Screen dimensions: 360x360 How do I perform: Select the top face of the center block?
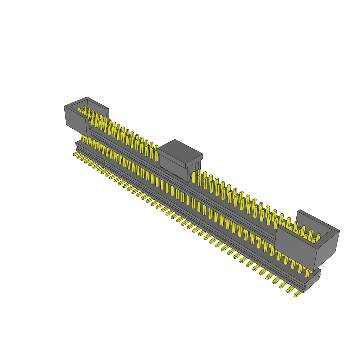click(x=180, y=148)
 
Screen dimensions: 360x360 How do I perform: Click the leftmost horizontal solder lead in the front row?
click(x=75, y=154)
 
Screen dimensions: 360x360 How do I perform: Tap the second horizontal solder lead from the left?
click(x=79, y=157)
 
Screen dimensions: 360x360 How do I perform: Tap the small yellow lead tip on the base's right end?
click(x=320, y=274)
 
